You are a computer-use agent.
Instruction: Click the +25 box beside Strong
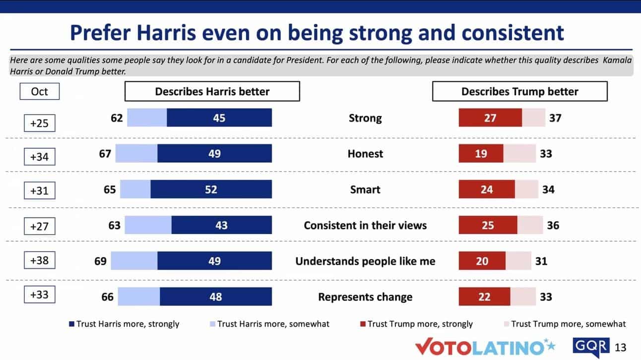click(39, 122)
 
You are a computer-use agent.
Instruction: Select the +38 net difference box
click(39, 260)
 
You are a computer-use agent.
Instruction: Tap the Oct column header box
click(39, 91)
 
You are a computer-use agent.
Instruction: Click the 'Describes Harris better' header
click(212, 91)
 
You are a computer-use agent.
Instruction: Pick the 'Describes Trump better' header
click(519, 91)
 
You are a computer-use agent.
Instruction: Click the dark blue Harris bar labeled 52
click(211, 189)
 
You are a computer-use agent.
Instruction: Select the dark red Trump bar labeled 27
click(490, 118)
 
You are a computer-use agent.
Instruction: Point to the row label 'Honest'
click(365, 154)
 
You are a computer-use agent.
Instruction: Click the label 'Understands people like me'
click(365, 261)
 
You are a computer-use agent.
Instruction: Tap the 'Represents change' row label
click(365, 297)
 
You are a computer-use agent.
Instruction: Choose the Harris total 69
click(100, 261)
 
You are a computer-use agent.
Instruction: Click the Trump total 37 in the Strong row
click(555, 118)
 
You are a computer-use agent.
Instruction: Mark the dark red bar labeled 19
click(481, 154)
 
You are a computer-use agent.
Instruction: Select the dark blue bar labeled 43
click(221, 225)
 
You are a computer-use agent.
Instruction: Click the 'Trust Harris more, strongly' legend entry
click(124, 324)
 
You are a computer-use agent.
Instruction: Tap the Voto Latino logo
click(485, 347)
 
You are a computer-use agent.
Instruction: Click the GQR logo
click(591, 347)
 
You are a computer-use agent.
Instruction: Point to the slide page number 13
click(621, 347)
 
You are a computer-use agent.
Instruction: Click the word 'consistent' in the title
click(513, 33)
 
